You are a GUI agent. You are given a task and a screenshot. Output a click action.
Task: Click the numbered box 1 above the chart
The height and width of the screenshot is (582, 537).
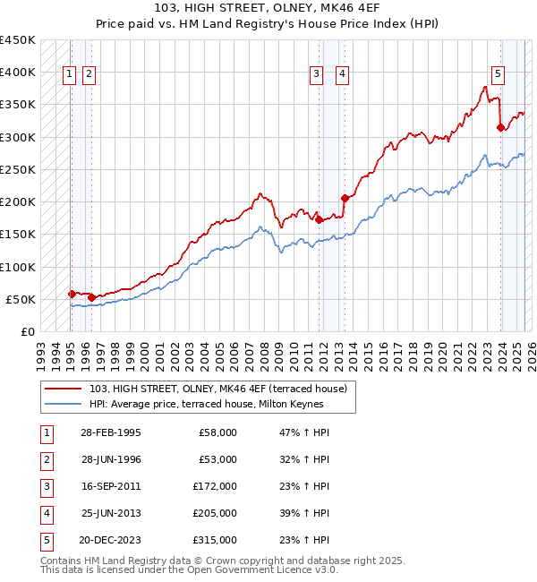pyautogui.click(x=70, y=75)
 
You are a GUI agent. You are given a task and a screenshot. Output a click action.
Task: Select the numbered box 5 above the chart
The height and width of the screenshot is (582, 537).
pyautogui.click(x=498, y=75)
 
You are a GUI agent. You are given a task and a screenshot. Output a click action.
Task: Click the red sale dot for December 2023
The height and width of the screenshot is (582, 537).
pyautogui.click(x=500, y=127)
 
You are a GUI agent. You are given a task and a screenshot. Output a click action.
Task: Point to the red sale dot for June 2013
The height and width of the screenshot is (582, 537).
pyautogui.click(x=345, y=198)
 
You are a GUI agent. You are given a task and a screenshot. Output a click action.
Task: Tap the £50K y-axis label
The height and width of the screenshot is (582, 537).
pyautogui.click(x=21, y=299)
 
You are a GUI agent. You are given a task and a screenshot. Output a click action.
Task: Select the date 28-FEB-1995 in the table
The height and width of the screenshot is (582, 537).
pyautogui.click(x=110, y=432)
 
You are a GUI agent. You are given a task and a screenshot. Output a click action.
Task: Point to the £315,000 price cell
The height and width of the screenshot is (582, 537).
pyautogui.click(x=215, y=539)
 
